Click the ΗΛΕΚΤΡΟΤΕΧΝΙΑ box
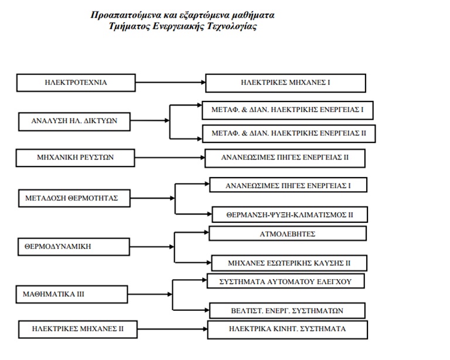[x=76, y=83]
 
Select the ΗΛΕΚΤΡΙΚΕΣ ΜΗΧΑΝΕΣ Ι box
[x=285, y=83]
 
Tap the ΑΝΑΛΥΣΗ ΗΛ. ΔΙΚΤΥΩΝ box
[x=74, y=121]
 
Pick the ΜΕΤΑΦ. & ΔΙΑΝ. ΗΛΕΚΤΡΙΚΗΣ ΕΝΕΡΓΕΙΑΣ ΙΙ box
[x=289, y=134]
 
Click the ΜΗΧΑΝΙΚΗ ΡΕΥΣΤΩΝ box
[x=75, y=158]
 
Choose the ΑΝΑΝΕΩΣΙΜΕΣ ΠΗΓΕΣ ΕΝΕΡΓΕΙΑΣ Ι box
[x=288, y=185]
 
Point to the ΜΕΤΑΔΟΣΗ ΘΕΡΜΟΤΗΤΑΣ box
[x=74, y=198]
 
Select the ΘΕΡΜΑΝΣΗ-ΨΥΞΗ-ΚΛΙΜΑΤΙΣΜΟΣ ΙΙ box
[x=289, y=214]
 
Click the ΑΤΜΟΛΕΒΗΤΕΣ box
[x=288, y=233]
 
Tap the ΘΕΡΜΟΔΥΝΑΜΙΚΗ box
[x=74, y=247]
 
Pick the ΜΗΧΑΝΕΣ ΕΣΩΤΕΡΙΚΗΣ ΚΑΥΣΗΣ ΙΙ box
[x=289, y=263]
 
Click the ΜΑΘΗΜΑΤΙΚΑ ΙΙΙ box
[x=71, y=294]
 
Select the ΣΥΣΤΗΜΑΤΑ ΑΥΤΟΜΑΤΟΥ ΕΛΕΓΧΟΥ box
[x=285, y=281]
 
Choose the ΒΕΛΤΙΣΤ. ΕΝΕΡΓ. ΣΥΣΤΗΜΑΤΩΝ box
[x=287, y=311]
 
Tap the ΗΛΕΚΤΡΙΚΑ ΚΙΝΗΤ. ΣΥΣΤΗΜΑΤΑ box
[x=288, y=330]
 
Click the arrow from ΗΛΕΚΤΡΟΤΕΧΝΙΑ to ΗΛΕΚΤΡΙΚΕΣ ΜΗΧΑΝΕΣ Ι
[x=171, y=83]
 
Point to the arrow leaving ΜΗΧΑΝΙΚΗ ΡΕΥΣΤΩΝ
[x=170, y=157]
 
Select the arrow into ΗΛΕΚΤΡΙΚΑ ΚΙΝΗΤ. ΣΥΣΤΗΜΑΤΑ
[x=172, y=329]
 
